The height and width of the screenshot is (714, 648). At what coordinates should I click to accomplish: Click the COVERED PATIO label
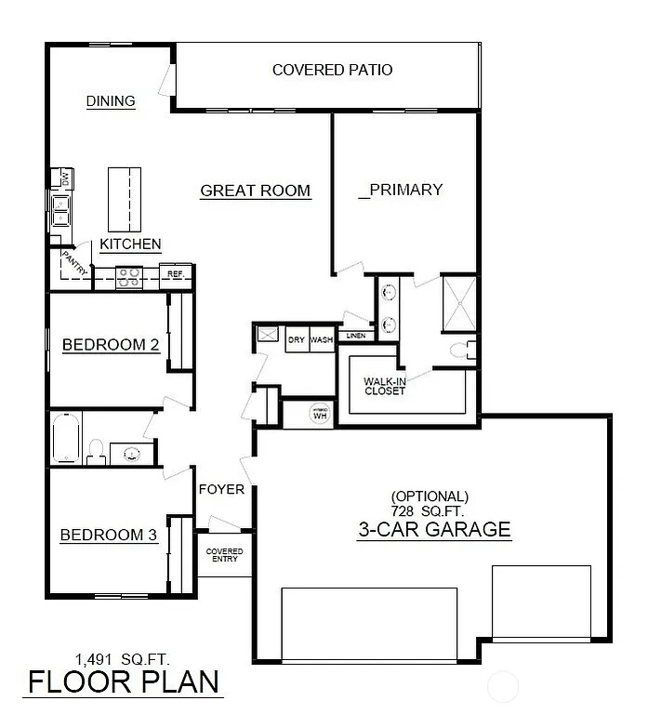332,70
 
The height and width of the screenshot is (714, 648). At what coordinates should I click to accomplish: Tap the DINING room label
111,101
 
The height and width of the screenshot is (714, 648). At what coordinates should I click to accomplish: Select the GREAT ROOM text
256,191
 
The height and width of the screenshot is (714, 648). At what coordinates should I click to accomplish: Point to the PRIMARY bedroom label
401,190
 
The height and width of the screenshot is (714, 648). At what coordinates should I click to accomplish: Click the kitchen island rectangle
125,199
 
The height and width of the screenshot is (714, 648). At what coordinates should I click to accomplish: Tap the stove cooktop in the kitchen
127,275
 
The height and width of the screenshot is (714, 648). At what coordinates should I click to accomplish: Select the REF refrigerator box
175,275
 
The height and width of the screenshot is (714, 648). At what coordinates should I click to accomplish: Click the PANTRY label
75,261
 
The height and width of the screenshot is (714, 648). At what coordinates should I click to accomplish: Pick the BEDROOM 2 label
110,346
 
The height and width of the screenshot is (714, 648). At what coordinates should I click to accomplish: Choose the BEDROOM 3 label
109,535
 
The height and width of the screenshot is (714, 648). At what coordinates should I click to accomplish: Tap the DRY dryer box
297,340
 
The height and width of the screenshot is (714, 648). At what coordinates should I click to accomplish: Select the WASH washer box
322,340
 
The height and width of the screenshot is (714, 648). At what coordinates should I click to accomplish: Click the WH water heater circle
321,414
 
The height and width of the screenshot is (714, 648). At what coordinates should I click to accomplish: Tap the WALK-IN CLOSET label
384,385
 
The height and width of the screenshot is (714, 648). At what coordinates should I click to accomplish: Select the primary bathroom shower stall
459,303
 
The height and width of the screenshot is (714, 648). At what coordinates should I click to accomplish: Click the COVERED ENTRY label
224,555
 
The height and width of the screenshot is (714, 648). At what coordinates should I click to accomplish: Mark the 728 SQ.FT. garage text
430,511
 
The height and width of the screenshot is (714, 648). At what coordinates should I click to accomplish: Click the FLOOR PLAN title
123,681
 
